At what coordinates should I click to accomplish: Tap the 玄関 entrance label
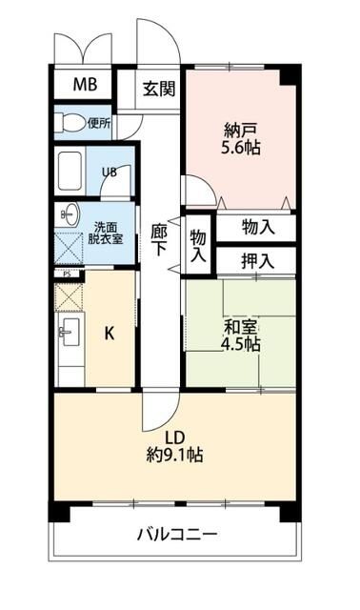[159, 90]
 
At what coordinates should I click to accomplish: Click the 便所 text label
[99, 122]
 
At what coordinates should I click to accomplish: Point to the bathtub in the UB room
[71, 172]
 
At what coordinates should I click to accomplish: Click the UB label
[110, 173]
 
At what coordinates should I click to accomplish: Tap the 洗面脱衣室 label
[107, 233]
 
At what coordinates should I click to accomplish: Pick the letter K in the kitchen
[110, 333]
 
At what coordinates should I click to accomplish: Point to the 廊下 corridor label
[159, 238]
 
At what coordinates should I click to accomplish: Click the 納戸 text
[239, 130]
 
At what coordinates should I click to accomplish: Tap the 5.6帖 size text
[242, 148]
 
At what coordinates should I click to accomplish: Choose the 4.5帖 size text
[242, 345]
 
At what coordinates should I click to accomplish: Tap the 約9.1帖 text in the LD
[174, 455]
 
